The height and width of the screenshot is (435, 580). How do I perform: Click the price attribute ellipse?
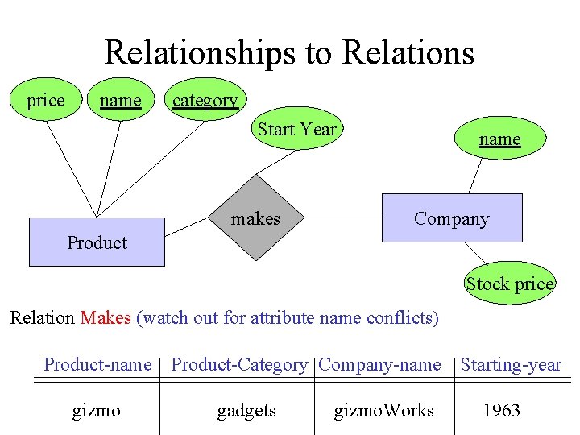(x=45, y=101)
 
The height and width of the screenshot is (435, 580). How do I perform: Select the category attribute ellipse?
(x=205, y=101)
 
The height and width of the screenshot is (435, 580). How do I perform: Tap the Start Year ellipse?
(x=296, y=130)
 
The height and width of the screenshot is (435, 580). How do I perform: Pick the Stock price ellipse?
(x=510, y=284)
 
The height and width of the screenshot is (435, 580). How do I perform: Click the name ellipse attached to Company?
(x=499, y=139)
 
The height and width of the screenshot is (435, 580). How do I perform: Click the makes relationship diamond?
(x=256, y=218)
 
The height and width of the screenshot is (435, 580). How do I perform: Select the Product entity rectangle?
(x=97, y=242)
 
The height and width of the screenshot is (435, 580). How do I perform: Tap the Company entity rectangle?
(x=451, y=218)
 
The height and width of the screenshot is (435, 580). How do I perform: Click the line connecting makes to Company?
(x=342, y=217)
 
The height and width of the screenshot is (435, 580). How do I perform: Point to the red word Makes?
(x=105, y=317)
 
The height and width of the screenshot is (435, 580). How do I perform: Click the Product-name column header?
(x=97, y=365)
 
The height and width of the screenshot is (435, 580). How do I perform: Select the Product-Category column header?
(x=239, y=365)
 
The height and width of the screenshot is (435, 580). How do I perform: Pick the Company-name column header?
(x=379, y=365)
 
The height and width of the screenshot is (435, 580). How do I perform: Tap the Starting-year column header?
(x=511, y=365)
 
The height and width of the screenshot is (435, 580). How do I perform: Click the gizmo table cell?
(x=97, y=411)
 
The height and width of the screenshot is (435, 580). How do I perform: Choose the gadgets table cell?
(x=246, y=411)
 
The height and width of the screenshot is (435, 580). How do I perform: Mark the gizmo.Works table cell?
(x=383, y=411)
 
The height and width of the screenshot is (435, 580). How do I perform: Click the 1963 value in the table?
(x=501, y=411)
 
